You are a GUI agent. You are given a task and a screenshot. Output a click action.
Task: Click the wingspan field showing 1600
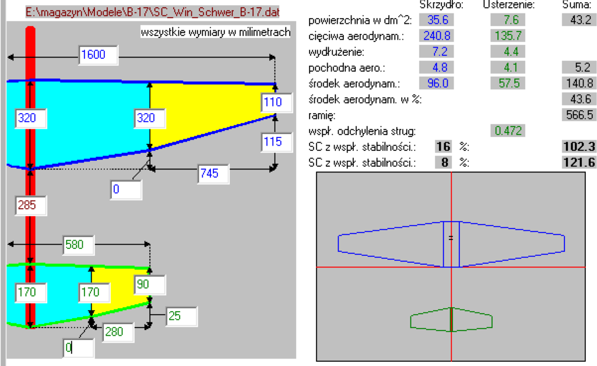click(x=98, y=55)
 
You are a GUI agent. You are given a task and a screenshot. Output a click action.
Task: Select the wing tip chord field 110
click(x=277, y=103)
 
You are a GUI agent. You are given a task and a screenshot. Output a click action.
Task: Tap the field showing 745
click(x=213, y=174)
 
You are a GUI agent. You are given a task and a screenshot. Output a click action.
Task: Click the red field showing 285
click(x=31, y=206)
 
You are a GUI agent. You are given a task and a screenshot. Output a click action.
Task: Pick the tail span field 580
click(x=79, y=245)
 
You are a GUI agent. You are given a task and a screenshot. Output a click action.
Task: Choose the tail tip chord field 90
click(x=150, y=284)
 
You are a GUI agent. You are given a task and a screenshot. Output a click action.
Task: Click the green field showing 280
click(x=118, y=332)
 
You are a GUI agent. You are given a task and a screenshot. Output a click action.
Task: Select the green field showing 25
click(x=182, y=316)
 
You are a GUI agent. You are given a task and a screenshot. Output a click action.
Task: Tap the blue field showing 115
click(x=277, y=142)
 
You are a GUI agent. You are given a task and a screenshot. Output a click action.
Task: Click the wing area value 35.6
click(x=436, y=20)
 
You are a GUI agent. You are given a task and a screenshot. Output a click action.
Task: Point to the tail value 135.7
click(x=508, y=36)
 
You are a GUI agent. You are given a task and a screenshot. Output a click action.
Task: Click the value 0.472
click(x=508, y=131)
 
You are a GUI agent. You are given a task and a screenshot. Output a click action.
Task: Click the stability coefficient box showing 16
click(x=443, y=147)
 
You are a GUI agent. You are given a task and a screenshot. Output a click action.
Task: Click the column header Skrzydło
click(x=441, y=5)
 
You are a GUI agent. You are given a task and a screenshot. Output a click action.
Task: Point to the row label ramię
click(x=322, y=115)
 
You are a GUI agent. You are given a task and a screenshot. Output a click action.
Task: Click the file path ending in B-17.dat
click(x=153, y=12)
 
